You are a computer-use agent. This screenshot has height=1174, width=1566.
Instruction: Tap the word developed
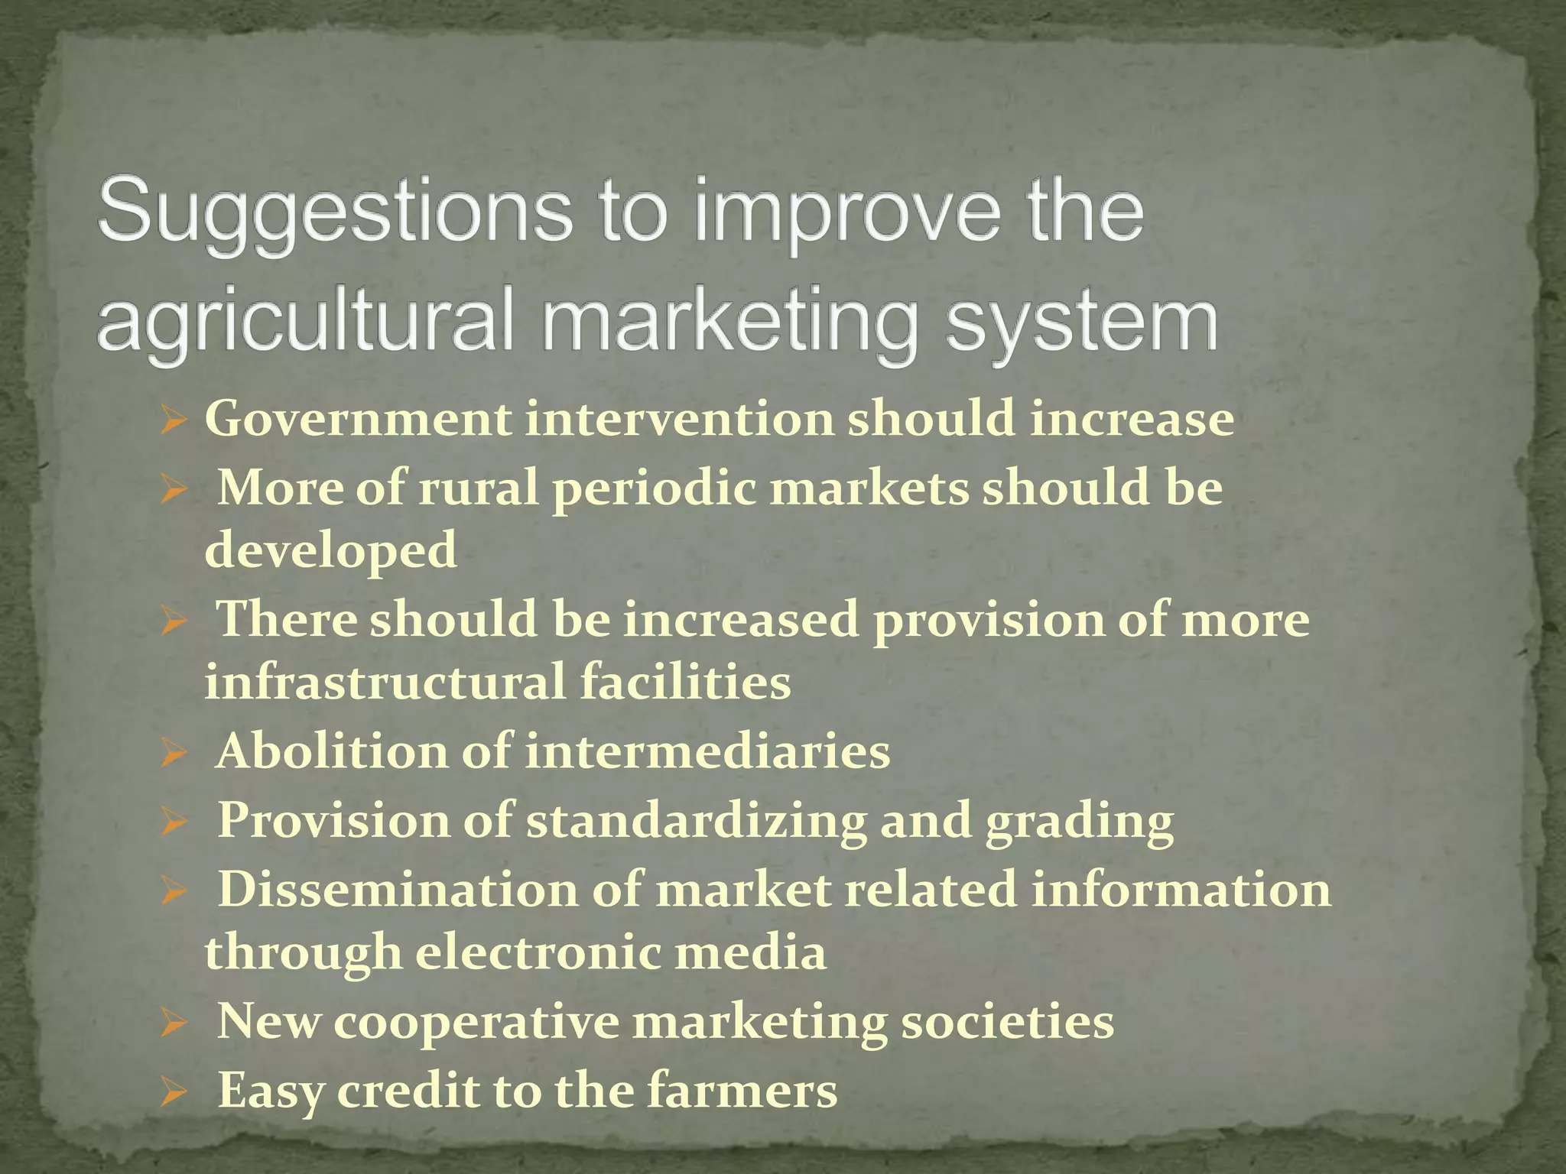[331, 550]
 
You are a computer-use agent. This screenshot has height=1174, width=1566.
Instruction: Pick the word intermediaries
[707, 751]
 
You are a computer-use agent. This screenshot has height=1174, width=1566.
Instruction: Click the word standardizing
[696, 821]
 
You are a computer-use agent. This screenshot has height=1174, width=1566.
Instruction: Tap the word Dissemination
[398, 890]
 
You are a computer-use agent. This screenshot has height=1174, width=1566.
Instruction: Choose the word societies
[1007, 1022]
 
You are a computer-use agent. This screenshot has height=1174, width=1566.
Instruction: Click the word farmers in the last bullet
[742, 1090]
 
